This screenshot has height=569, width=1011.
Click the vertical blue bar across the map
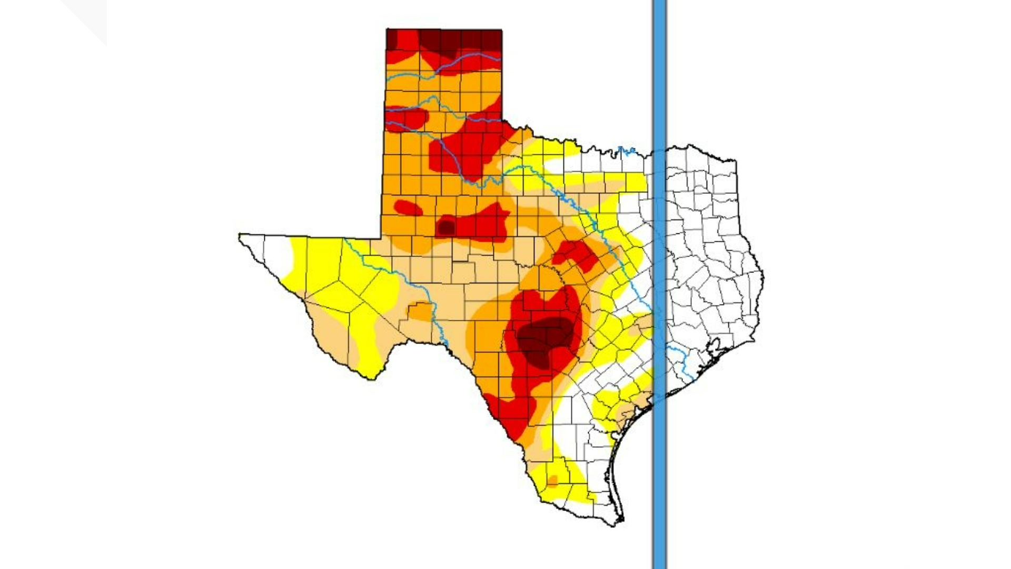tap(659, 284)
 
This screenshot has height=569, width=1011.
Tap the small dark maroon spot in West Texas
tap(446, 228)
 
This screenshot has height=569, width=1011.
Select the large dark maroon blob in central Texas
tap(542, 340)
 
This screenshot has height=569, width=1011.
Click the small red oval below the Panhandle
tap(408, 208)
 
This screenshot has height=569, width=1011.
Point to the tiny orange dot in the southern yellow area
tap(552, 480)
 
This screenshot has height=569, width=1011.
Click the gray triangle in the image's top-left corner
tap(90, 16)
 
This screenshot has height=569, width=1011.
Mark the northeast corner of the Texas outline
tap(735, 159)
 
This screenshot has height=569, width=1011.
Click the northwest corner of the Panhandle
tap(388, 30)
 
